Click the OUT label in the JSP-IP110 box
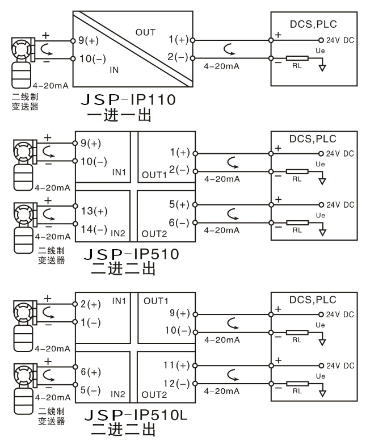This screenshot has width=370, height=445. click(x=146, y=32)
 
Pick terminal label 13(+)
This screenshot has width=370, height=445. click(x=94, y=211)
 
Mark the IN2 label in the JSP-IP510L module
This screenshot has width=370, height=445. click(x=118, y=393)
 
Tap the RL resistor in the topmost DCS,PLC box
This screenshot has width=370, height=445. click(x=297, y=58)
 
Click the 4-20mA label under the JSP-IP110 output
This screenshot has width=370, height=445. click(x=221, y=66)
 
